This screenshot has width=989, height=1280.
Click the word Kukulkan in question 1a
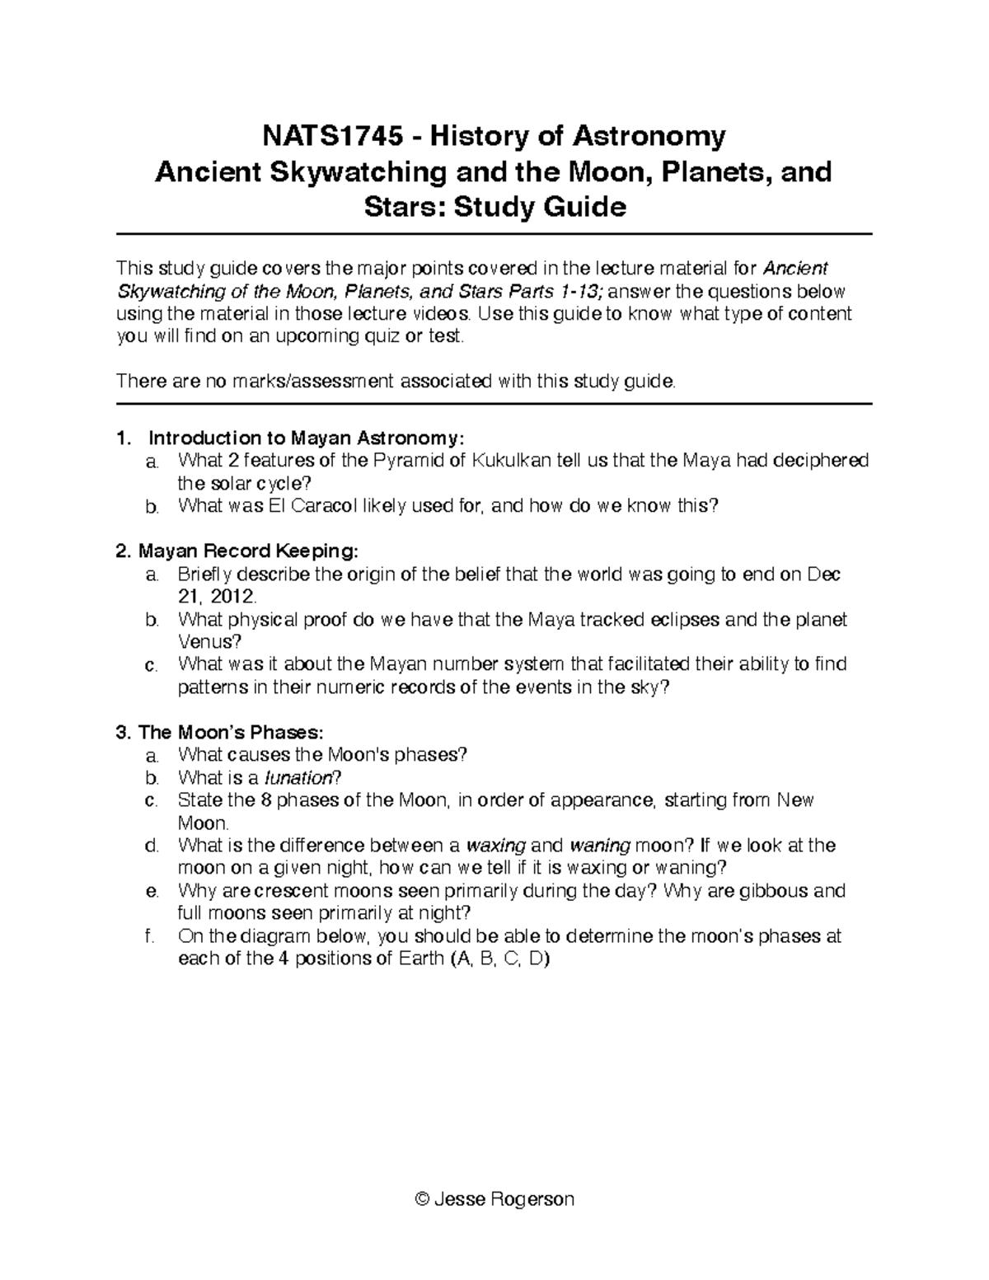click(509, 460)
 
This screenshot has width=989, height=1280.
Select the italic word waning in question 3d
click(600, 846)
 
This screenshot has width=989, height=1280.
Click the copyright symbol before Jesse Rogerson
click(424, 1198)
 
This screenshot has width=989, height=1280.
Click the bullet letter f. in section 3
click(149, 936)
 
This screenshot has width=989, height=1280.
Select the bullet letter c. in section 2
click(150, 664)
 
